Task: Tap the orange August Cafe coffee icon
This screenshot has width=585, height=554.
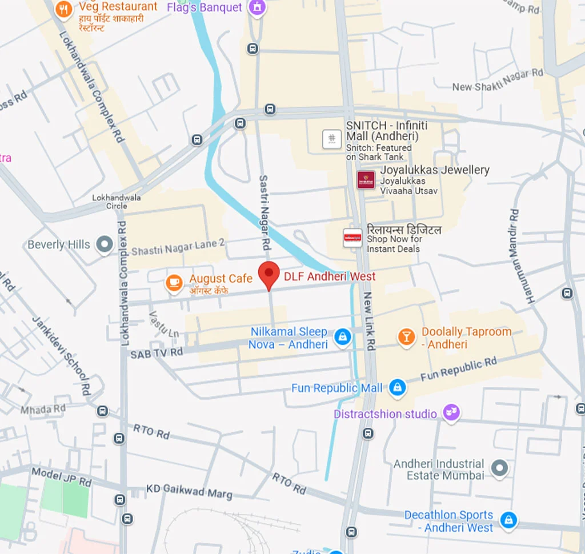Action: [x=174, y=282]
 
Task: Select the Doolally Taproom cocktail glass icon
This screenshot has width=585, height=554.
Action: [x=406, y=337]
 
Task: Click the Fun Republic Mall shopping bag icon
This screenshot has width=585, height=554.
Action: [x=396, y=388]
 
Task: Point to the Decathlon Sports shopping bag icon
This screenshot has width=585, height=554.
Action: [x=507, y=520]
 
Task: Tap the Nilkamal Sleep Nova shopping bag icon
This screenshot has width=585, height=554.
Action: [x=342, y=337]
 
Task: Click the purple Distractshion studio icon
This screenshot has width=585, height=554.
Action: [x=451, y=413]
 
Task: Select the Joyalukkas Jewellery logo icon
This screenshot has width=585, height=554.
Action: [x=366, y=180]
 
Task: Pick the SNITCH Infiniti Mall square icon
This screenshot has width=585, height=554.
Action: [x=332, y=139]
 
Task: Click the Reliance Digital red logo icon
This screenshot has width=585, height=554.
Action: [x=352, y=238]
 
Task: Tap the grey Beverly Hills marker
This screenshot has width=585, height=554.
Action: [x=105, y=245]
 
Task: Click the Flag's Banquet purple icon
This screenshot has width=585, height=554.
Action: [x=257, y=8]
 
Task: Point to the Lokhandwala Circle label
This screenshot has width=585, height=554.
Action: [x=117, y=202]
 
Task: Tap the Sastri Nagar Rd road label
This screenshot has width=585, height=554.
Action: [x=265, y=213]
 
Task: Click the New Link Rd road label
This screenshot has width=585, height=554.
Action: [x=370, y=321]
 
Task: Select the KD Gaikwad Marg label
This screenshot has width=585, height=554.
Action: [x=189, y=491]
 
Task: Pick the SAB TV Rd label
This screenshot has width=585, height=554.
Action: [x=157, y=354]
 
